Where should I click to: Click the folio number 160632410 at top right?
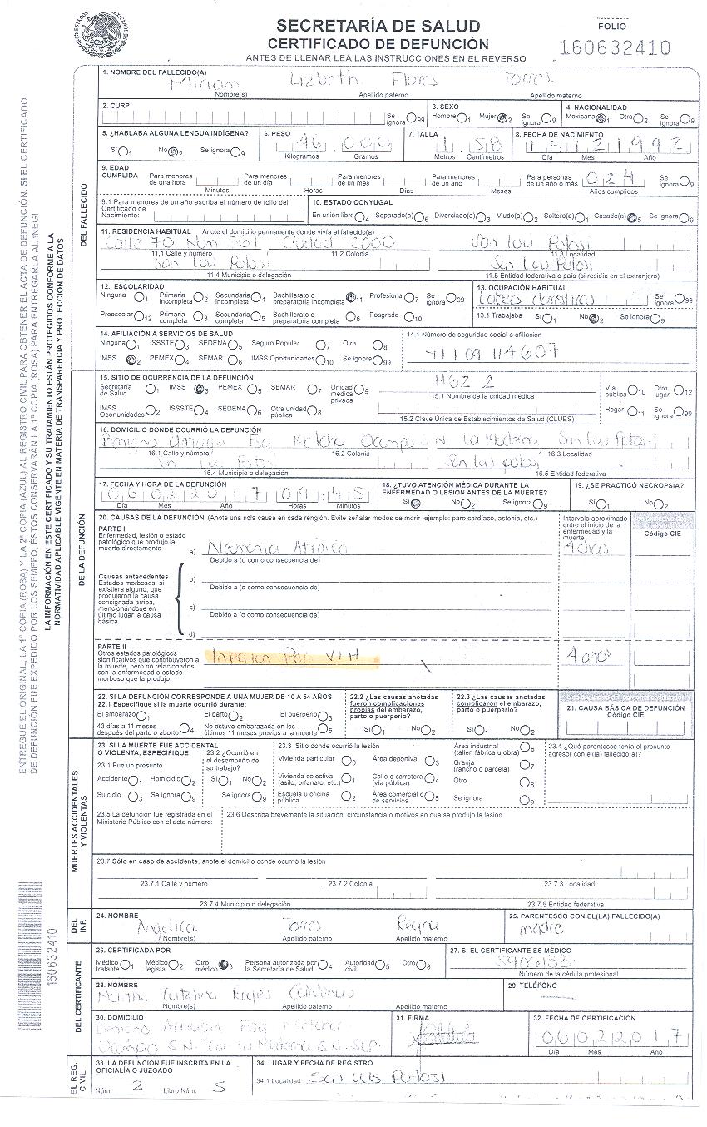coord(615,47)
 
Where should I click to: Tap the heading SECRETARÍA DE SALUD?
coord(378,26)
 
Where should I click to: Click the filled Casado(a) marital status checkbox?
coord(634,218)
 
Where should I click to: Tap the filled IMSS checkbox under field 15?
coord(197,390)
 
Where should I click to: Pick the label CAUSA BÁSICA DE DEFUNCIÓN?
coord(626,709)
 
